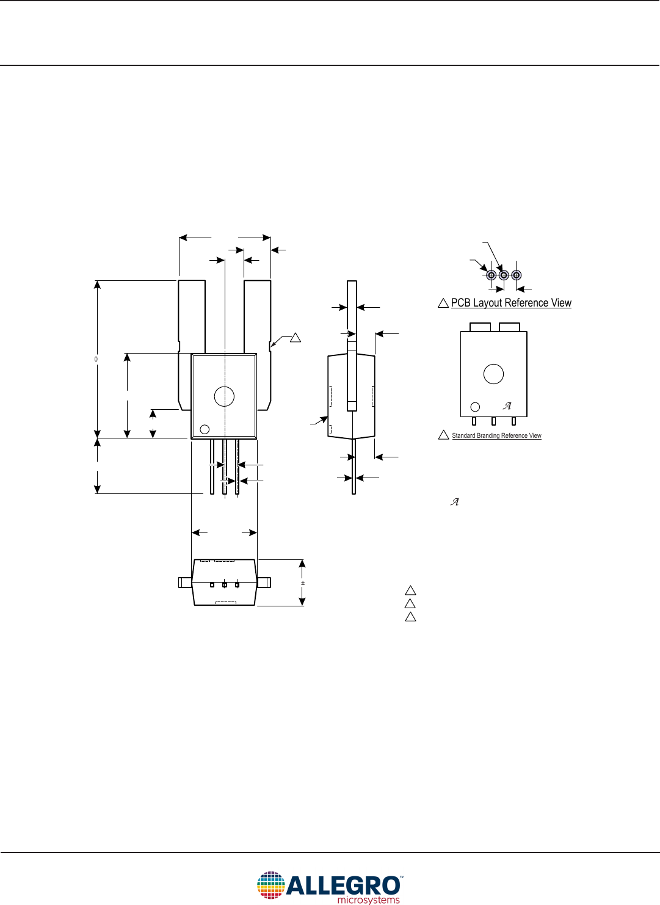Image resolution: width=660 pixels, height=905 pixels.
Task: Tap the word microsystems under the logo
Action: [369, 900]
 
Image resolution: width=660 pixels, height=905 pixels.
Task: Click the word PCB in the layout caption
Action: [461, 303]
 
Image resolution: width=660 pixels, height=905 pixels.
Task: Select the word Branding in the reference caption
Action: [488, 436]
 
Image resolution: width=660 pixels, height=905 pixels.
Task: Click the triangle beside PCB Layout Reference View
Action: [444, 303]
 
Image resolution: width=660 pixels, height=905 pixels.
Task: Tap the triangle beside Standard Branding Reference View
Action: [444, 435]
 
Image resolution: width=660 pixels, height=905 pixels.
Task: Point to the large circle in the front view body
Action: [225, 396]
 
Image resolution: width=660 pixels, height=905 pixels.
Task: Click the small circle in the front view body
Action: [205, 429]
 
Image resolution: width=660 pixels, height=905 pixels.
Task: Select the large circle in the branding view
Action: [493, 374]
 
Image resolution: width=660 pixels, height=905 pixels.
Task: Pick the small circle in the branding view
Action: [475, 407]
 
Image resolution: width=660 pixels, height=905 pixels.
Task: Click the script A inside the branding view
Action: [507, 405]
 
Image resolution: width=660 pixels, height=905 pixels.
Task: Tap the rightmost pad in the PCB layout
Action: [517, 275]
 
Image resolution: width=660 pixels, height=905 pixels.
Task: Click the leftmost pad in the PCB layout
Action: [491, 275]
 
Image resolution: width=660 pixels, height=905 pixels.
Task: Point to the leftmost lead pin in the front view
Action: [212, 467]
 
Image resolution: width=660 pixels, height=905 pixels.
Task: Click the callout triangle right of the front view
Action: [296, 337]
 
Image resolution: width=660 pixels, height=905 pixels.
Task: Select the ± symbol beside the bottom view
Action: [303, 583]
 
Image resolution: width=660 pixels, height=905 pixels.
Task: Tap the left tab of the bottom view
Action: [185, 583]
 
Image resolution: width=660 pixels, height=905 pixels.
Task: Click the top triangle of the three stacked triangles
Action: [411, 591]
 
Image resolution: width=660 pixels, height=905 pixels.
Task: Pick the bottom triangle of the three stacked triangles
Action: [411, 617]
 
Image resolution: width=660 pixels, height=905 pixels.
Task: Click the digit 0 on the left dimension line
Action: [96, 360]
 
